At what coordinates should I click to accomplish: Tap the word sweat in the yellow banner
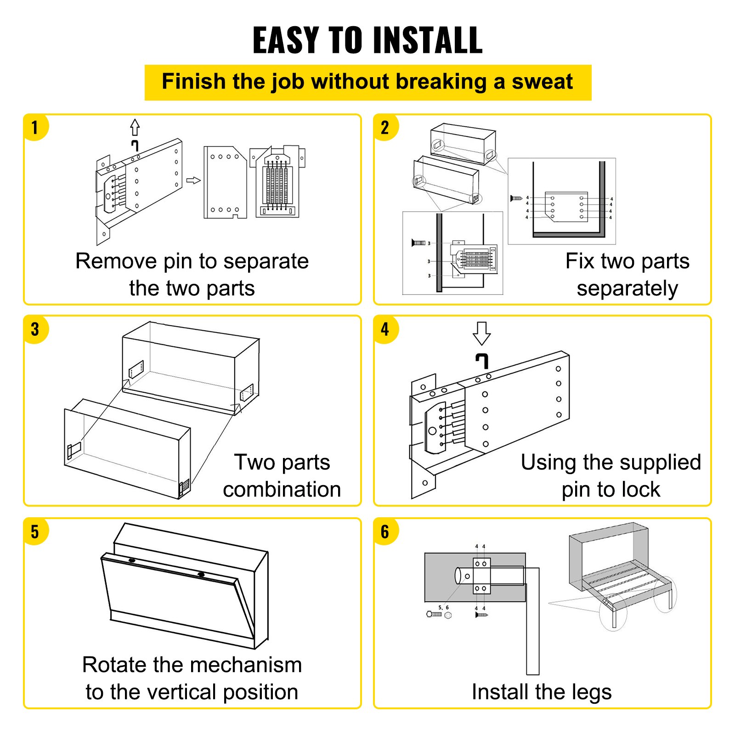coord(542,82)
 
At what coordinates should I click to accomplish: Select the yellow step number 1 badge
coord(35,127)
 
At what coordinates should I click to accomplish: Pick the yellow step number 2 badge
coord(385,127)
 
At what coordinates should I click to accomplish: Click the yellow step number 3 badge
coord(35,329)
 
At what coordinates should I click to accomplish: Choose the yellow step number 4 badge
coord(385,329)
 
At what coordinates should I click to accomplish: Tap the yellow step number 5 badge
coord(35,531)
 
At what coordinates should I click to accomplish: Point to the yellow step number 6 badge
coord(385,531)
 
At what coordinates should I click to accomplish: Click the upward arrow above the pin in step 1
coord(135,127)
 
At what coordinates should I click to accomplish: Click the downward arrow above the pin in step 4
coord(481,333)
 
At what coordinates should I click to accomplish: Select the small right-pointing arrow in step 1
coord(193,181)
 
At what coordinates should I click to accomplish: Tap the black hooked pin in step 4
coord(482,361)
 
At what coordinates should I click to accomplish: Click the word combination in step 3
coord(282,490)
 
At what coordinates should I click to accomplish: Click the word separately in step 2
coord(627,289)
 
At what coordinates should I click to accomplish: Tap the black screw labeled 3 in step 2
coord(418,243)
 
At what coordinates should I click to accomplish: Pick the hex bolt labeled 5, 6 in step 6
coord(434,614)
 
